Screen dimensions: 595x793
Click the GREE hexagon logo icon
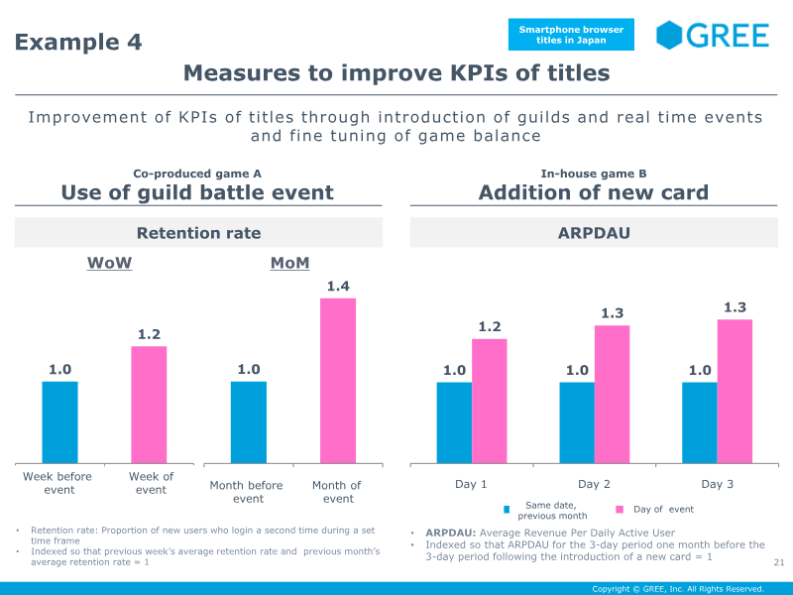670,35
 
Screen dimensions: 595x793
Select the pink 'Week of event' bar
149,404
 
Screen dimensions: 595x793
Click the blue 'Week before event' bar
59,421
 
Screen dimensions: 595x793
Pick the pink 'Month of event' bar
338,380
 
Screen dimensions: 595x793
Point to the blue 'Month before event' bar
249,421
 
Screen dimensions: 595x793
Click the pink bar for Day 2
612,394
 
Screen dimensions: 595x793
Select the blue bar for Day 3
699,422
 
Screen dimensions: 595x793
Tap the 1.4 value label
338,287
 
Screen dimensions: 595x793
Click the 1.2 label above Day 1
490,326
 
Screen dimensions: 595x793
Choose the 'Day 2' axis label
594,484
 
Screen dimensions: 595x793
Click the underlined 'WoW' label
109,263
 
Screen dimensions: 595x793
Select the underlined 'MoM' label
289,263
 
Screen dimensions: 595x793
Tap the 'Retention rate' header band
198,233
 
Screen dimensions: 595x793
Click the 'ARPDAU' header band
595,233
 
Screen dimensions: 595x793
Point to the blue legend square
507,510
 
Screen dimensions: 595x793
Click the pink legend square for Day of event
620,510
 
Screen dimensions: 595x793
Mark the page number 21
778,563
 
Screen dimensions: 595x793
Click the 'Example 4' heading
78,42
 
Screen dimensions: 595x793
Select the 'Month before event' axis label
246,492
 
